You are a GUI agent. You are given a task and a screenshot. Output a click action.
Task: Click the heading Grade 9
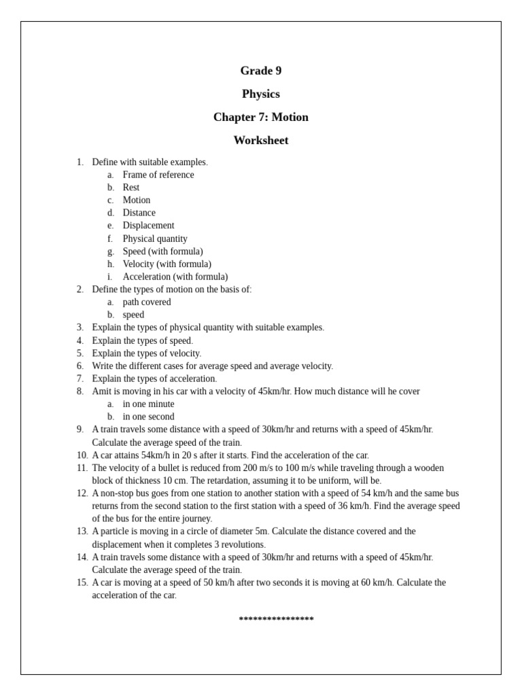tap(261, 71)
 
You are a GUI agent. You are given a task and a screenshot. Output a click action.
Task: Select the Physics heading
tap(261, 94)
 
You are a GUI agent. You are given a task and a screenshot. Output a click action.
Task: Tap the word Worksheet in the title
tap(261, 140)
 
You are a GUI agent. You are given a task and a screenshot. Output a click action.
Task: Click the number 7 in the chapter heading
tap(263, 117)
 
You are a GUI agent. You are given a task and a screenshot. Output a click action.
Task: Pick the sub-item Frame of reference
tap(158, 175)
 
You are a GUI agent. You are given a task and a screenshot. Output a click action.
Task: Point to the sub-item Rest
tap(131, 188)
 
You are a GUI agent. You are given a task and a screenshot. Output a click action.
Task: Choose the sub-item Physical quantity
tap(155, 239)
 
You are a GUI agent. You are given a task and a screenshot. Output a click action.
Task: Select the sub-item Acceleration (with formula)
tap(175, 277)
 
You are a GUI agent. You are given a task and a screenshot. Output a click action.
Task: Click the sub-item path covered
tap(147, 302)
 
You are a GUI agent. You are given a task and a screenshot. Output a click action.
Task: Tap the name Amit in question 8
tap(103, 391)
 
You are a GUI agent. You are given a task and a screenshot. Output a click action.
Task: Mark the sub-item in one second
tap(148, 417)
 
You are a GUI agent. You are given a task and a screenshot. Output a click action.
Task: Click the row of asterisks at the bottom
tap(276, 619)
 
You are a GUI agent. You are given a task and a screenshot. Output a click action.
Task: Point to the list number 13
tap(82, 532)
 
